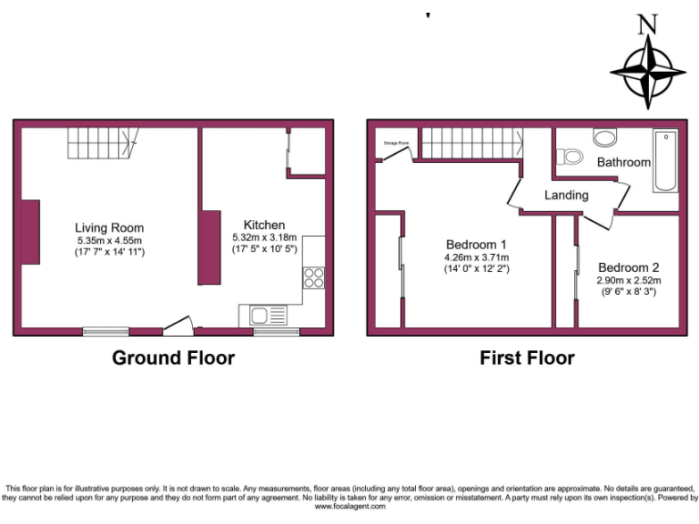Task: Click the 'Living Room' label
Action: pyautogui.click(x=109, y=227)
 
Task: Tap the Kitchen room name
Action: pyautogui.click(x=264, y=225)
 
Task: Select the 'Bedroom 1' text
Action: pyautogui.click(x=476, y=244)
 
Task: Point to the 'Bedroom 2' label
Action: pyautogui.click(x=628, y=267)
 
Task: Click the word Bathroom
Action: pyautogui.click(x=623, y=162)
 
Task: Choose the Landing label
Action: pyautogui.click(x=566, y=195)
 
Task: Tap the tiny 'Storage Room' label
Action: pyautogui.click(x=395, y=143)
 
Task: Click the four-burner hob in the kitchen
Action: pyautogui.click(x=314, y=277)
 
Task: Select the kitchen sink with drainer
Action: pyautogui.click(x=265, y=316)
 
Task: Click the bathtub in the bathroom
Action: pyautogui.click(x=665, y=161)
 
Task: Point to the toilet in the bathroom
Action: pyautogui.click(x=572, y=156)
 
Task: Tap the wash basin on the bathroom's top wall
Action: pyautogui.click(x=604, y=136)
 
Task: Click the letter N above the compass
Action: pyautogui.click(x=647, y=25)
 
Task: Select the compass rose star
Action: pyautogui.click(x=647, y=73)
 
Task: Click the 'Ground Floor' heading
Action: pyautogui.click(x=173, y=358)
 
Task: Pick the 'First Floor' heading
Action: pyautogui.click(x=527, y=358)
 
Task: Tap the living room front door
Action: pyautogui.click(x=177, y=324)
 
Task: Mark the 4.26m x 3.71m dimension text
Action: pyautogui.click(x=476, y=257)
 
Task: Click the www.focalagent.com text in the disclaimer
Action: pyautogui.click(x=349, y=507)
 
